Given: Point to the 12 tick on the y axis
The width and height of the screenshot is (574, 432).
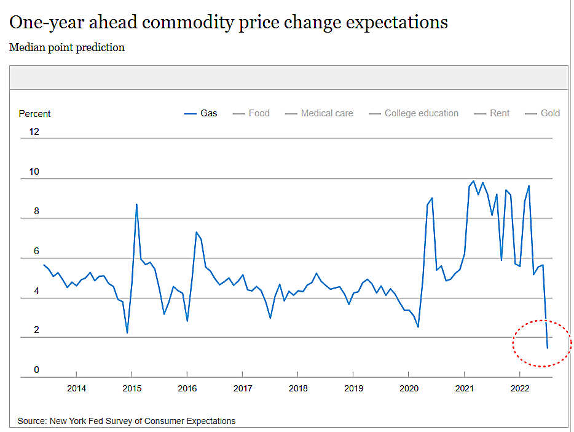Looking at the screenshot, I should coord(34,132).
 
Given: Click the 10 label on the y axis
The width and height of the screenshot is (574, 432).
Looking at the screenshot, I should coord(34,172).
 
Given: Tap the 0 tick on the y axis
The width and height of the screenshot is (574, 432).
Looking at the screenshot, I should coord(36,370).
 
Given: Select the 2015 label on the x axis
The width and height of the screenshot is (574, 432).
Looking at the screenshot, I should coord(132,388).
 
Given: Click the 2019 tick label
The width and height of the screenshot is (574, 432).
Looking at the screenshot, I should coord(353,388).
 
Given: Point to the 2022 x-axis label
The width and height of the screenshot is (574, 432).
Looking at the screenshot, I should coord(519,388).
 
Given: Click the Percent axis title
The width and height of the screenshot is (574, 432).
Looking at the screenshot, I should coord(34,114).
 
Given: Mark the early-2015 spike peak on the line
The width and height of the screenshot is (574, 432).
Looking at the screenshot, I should coord(136,204).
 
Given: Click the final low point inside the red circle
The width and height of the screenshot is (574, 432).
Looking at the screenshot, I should coord(547,348).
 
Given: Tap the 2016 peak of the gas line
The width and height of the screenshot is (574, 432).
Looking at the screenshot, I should coord(196,232).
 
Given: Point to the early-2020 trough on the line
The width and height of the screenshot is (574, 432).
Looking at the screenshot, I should coord(418,327).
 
